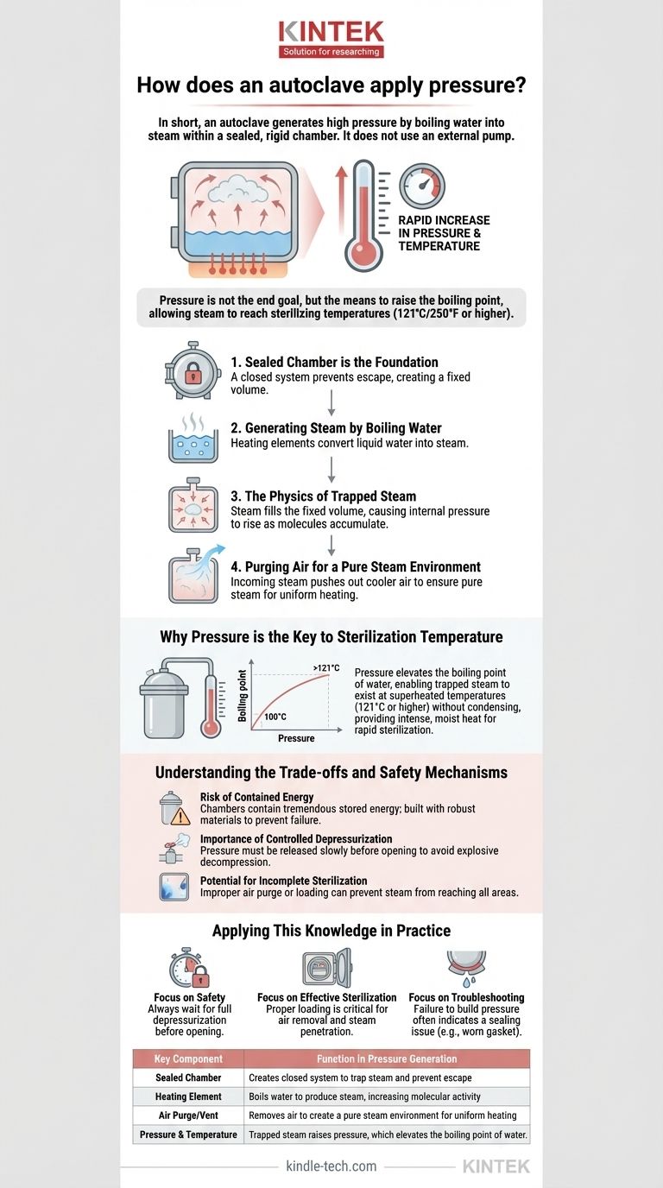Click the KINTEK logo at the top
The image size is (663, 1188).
[x=331, y=39]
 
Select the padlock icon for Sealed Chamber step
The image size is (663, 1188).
[x=192, y=372]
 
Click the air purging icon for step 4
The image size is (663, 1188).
[x=193, y=576]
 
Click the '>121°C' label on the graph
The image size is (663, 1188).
[x=327, y=667]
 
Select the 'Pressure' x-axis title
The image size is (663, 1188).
[x=295, y=739]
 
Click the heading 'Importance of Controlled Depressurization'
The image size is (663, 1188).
[x=296, y=838]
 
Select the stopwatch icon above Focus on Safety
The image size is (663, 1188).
[x=188, y=967]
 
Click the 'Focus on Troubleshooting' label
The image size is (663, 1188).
[x=466, y=997]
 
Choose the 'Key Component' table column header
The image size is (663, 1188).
[x=188, y=1058]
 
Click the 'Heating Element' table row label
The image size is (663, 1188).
[x=188, y=1096]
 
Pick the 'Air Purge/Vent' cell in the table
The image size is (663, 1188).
[x=188, y=1115]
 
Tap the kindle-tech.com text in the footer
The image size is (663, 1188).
[x=331, y=1166]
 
